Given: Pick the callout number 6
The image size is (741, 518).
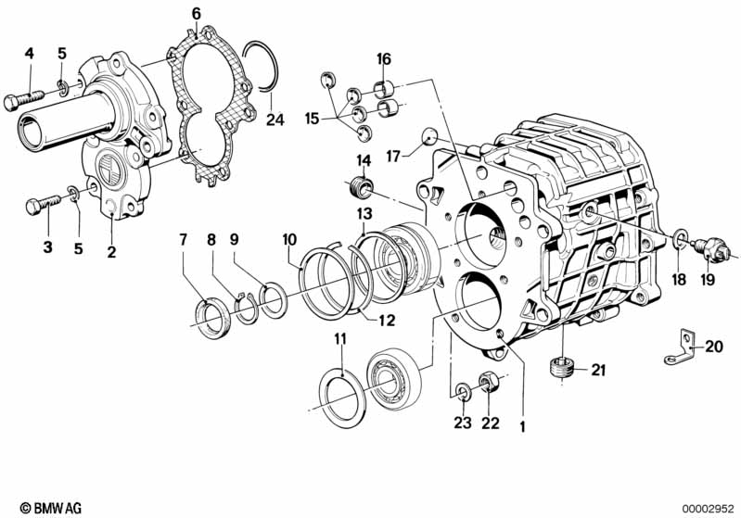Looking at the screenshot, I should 196,13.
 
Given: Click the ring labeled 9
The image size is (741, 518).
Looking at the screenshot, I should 275,300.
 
